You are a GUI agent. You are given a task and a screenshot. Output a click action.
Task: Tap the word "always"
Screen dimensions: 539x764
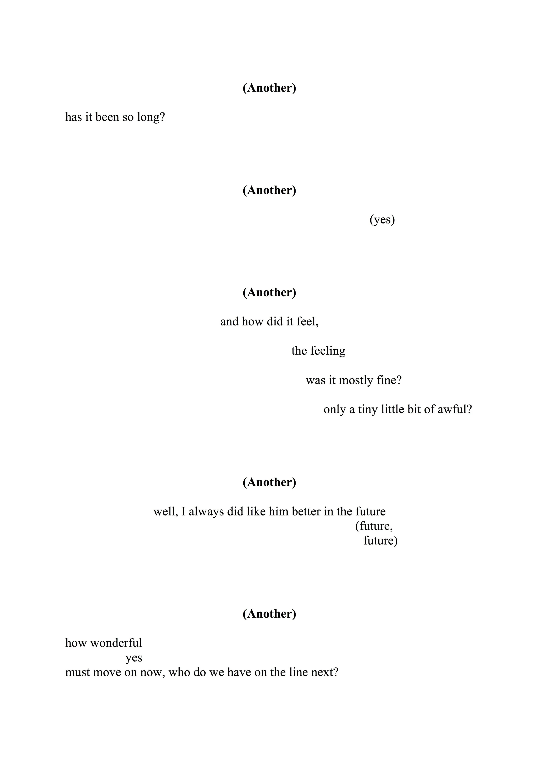pos(206,511)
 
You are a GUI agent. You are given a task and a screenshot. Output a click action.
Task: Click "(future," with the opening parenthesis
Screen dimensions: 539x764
pos(374,526)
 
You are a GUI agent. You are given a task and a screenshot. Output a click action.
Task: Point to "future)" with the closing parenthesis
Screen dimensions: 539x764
pos(380,541)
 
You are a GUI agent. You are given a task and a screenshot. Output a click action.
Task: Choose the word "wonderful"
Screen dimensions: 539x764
pos(116,643)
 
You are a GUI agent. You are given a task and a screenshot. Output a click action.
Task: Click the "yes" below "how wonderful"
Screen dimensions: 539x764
pos(134,658)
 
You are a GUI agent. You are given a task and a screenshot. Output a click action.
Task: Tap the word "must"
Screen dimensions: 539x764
pos(77,672)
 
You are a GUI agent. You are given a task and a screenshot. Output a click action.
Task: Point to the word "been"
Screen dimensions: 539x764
pos(107,117)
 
